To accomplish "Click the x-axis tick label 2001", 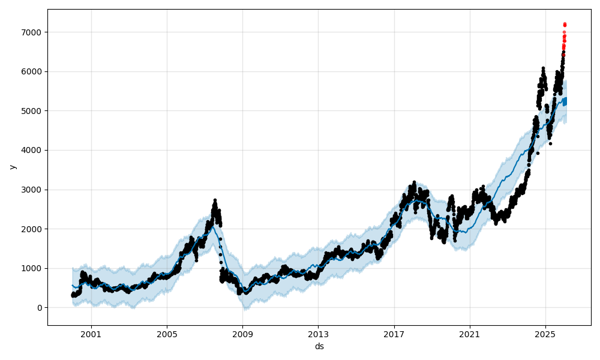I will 91,334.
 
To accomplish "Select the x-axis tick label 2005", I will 167,334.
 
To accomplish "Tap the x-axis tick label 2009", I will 242,334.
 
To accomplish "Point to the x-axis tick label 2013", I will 318,334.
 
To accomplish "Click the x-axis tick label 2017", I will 394,334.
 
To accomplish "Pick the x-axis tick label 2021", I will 470,334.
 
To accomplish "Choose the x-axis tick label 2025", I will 545,334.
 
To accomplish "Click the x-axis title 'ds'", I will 319,346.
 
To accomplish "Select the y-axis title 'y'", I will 11,167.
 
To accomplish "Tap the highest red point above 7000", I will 565,24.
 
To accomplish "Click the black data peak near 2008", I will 215,200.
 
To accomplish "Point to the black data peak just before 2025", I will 543,68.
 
